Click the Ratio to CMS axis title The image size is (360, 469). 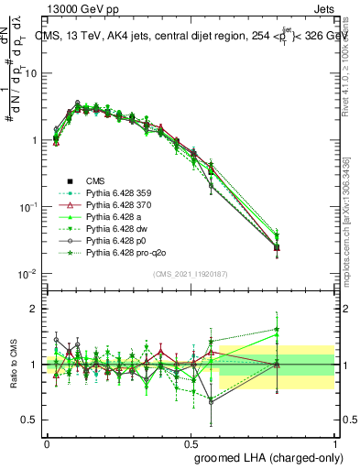[12, 365]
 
